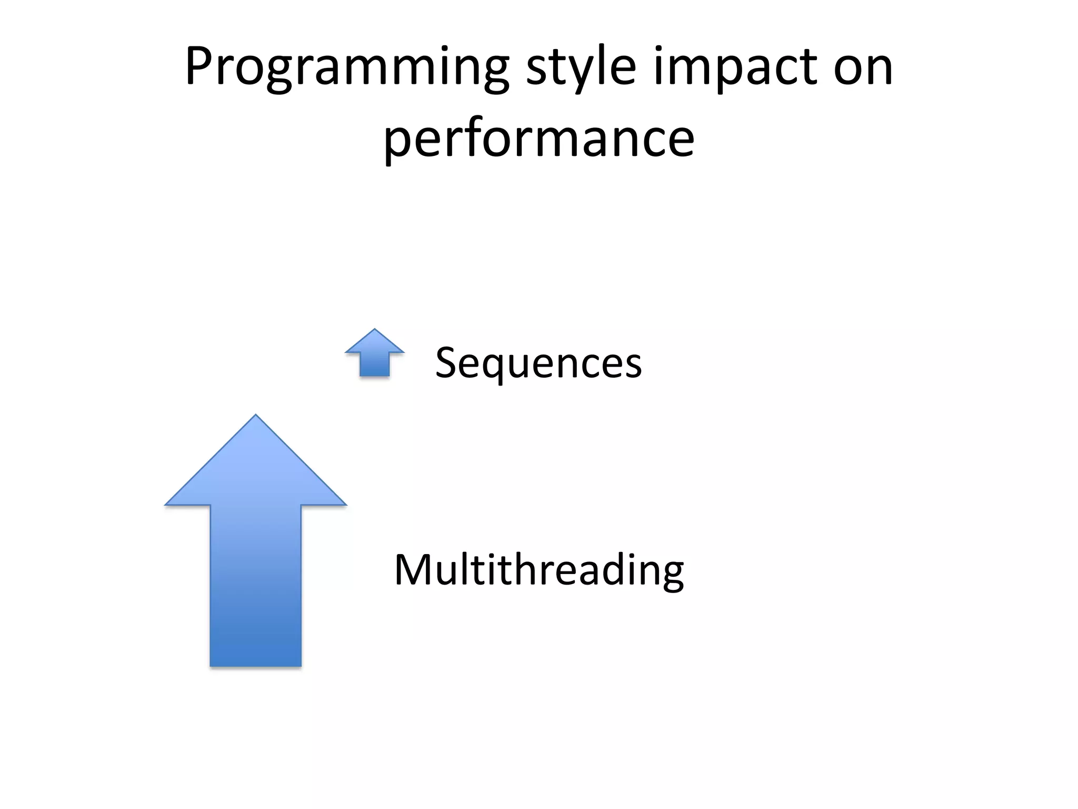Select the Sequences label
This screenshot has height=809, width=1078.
pos(538,363)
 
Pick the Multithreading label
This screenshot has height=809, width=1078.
pos(538,570)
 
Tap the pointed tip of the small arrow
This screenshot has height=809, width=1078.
pos(374,331)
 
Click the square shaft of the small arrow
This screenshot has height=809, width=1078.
pos(374,364)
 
